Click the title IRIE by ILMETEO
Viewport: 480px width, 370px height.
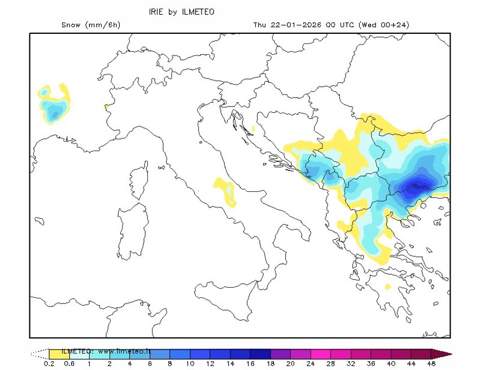pos(181,12)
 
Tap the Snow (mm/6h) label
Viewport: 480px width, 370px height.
pos(90,25)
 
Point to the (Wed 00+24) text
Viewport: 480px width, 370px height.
pos(384,25)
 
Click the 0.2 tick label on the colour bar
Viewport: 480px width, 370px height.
pos(49,364)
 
